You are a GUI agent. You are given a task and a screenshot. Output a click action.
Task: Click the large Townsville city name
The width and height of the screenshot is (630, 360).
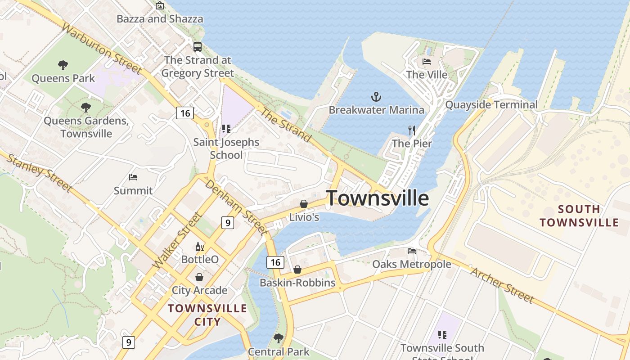(377, 198)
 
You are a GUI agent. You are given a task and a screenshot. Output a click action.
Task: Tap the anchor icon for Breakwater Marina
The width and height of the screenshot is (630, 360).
(376, 96)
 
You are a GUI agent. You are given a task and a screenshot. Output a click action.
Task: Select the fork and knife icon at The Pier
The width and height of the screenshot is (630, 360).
(412, 130)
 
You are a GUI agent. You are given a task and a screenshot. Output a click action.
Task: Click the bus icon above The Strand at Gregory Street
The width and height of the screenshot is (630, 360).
(198, 47)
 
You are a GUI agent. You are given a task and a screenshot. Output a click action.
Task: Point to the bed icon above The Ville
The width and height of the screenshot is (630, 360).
(427, 62)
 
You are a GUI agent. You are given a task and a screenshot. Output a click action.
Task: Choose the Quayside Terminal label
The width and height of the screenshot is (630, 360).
(491, 105)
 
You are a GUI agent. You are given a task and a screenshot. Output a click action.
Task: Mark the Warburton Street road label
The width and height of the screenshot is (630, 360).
(102, 49)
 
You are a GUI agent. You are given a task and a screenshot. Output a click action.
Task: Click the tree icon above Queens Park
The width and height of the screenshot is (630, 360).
(63, 65)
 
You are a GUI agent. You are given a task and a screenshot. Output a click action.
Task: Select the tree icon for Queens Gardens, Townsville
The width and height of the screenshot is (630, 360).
(85, 108)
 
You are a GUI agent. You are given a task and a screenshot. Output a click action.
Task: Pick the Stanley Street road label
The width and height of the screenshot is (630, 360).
(40, 173)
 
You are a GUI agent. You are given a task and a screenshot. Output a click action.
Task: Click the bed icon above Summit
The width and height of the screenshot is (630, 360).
(133, 177)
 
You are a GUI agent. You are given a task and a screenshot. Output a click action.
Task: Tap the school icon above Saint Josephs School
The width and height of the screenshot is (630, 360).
(226, 129)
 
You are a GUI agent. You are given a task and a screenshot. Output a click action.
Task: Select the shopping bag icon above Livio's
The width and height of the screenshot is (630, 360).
(304, 204)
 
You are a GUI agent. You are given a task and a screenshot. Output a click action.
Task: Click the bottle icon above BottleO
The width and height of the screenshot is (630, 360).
(200, 247)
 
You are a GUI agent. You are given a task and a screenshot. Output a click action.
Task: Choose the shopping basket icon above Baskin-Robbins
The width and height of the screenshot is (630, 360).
(297, 270)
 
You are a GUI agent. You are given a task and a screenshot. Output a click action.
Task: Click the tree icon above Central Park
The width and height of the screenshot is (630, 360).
(279, 338)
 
